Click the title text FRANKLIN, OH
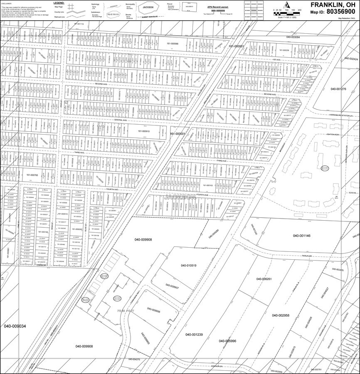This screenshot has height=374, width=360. point(333,5)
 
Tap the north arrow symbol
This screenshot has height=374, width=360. point(286,5)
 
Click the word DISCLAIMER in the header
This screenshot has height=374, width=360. point(6,3)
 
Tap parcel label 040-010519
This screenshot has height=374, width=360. point(188,265)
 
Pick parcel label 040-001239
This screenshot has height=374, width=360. point(194,335)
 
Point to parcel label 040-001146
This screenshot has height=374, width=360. point(301,236)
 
